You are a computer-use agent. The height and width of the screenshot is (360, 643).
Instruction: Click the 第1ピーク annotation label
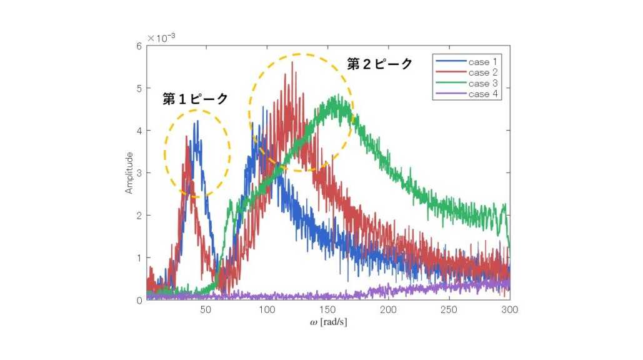195,99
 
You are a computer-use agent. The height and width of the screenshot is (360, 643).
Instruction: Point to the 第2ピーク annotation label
380,64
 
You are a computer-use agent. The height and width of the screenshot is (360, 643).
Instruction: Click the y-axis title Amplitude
129,172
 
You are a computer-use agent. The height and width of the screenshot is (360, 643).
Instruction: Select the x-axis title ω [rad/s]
328,323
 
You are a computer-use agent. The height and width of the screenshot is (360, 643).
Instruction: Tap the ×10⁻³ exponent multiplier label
161,38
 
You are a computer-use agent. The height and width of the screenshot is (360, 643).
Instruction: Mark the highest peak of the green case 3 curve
337,95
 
